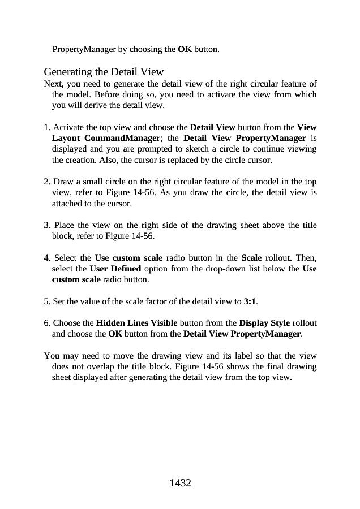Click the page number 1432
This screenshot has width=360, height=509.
coord(180,483)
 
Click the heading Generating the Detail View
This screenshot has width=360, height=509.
coord(104,72)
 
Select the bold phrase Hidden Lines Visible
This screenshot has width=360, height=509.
coord(136,323)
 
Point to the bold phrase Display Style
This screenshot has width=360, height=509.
coord(264,323)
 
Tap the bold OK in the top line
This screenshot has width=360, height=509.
coord(185,49)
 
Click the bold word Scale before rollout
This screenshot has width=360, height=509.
coord(252,258)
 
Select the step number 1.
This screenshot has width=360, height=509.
coord(46,127)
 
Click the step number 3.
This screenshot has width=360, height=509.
coord(46,225)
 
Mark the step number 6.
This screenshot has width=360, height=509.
coord(46,323)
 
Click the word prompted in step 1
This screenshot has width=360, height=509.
coord(163,149)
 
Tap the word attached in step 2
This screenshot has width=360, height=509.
coord(66,203)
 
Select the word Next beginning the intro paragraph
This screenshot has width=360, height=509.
coord(53,84)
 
